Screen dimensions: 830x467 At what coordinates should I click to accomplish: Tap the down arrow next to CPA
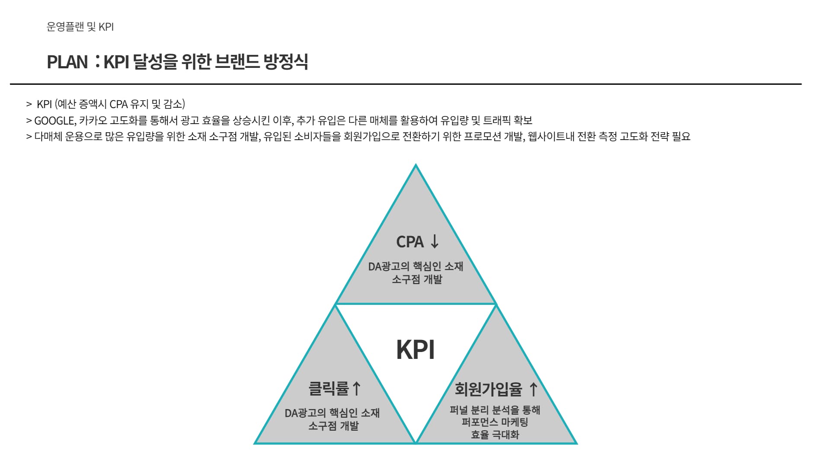click(x=434, y=241)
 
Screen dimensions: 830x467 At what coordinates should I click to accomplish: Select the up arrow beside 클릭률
click(x=356, y=388)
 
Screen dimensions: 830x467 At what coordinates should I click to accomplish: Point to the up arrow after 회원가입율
click(x=533, y=389)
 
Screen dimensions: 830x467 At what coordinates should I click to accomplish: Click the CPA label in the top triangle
click(x=410, y=242)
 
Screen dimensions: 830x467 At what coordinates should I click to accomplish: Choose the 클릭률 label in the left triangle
click(x=329, y=388)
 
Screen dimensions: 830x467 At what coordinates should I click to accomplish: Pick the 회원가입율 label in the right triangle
click(x=488, y=389)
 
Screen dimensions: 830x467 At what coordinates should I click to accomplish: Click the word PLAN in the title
click(x=67, y=62)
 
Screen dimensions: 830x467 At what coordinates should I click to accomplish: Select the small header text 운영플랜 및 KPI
click(x=80, y=27)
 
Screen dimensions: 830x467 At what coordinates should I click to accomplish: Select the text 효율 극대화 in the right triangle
click(x=495, y=434)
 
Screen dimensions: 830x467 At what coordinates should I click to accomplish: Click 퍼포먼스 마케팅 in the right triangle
click(x=495, y=422)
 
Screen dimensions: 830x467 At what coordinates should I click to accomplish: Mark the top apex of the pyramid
click(x=415, y=165)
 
